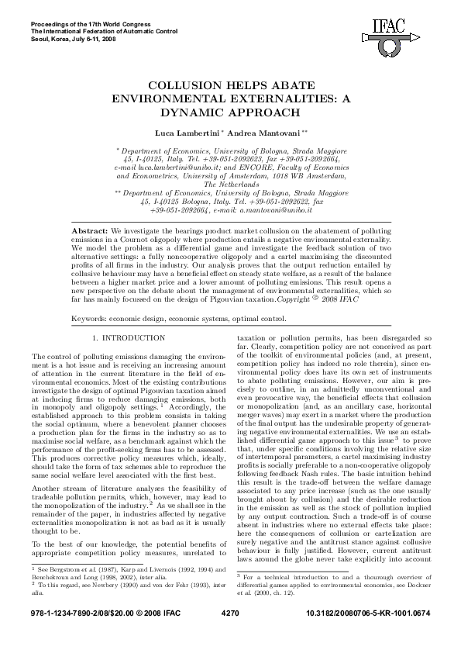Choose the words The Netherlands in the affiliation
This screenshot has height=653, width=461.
(230, 185)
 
